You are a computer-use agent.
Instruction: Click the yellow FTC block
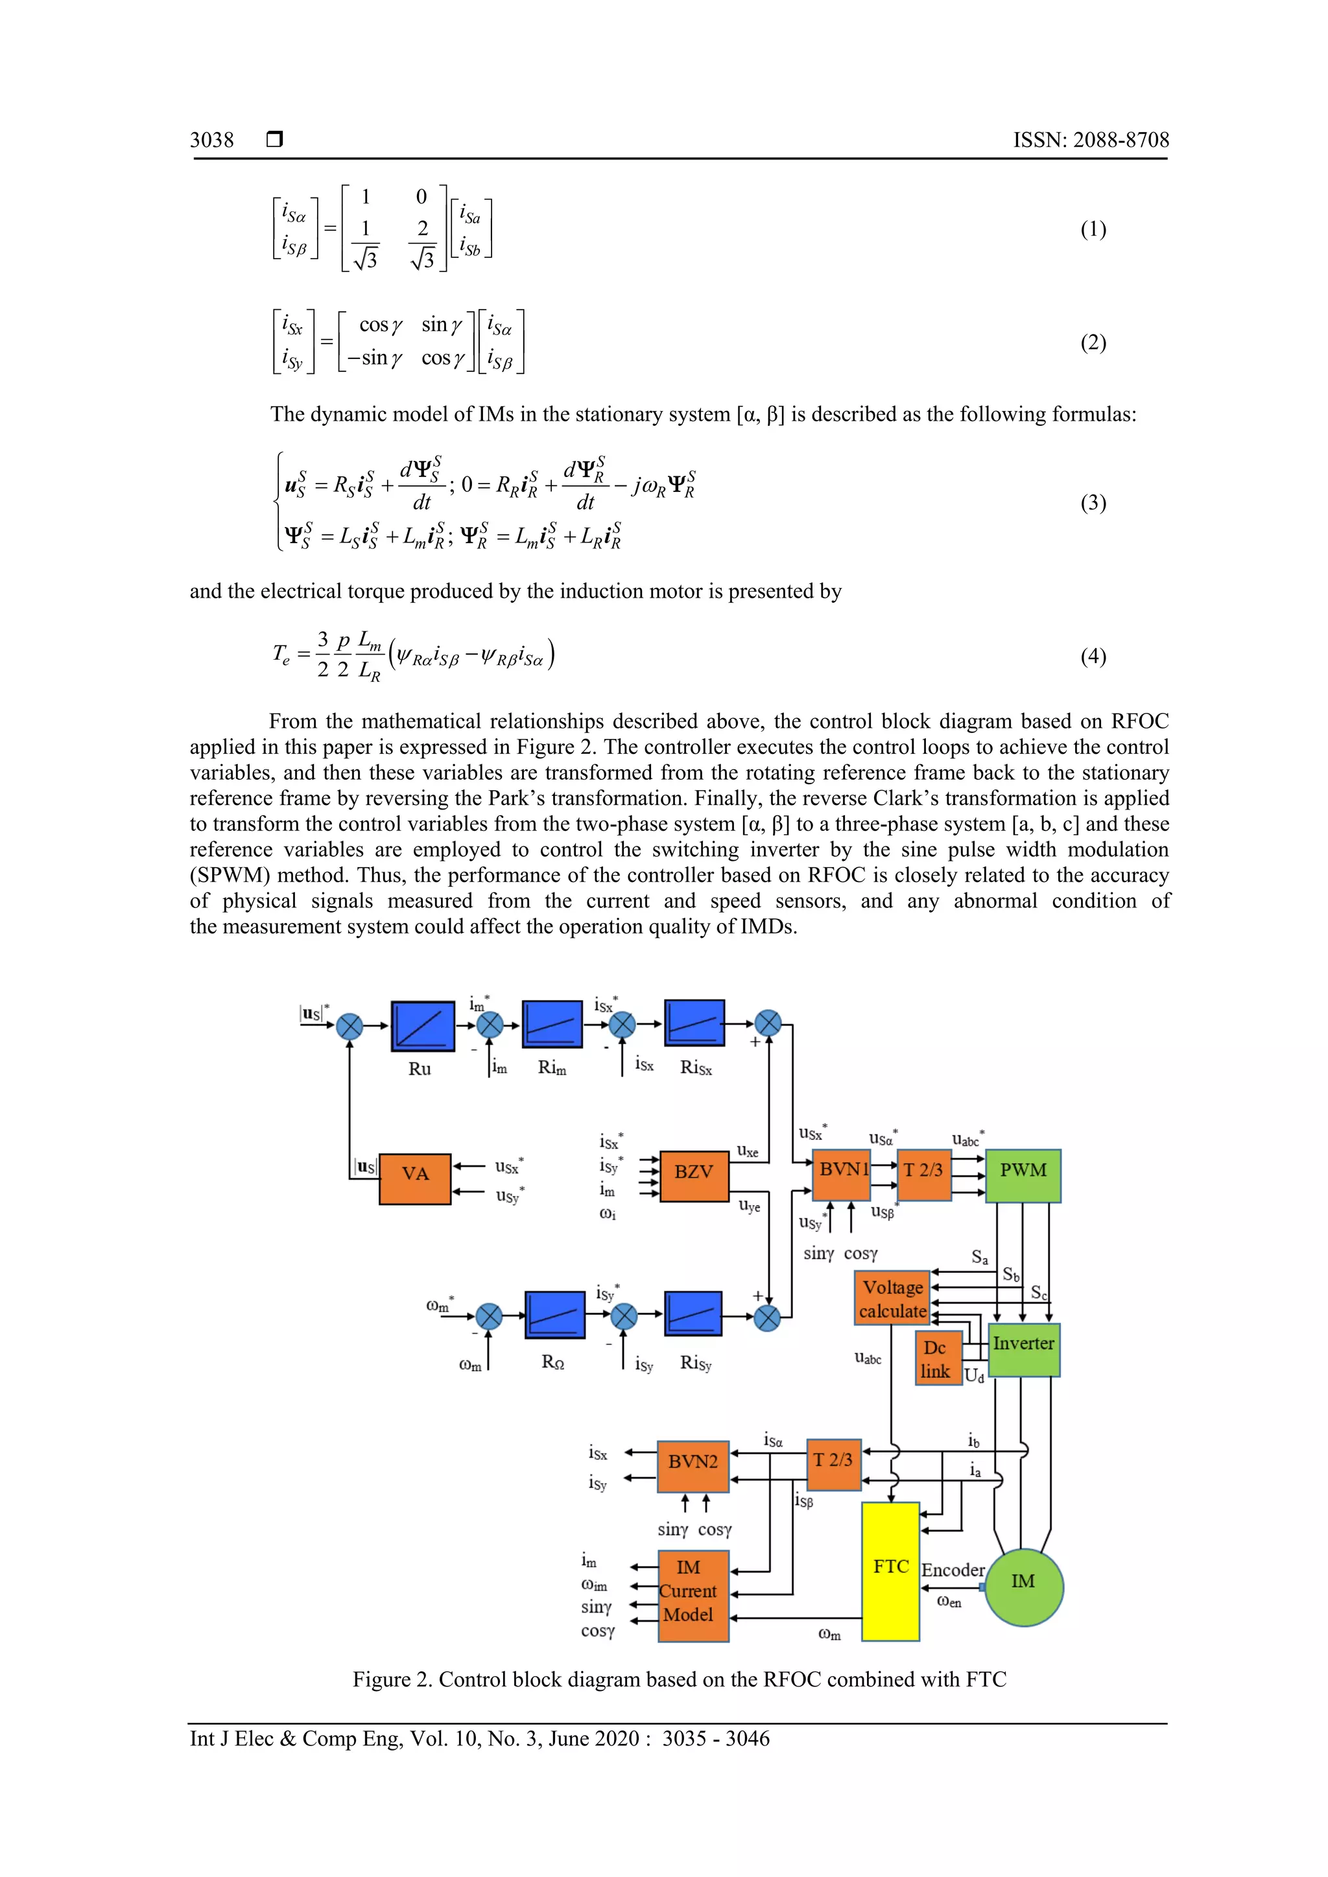(x=890, y=1570)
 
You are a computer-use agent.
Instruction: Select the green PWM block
(x=1023, y=1176)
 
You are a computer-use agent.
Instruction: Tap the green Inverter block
(x=1024, y=1349)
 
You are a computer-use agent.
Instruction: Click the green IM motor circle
(x=1024, y=1587)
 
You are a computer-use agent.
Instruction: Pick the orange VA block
(x=414, y=1179)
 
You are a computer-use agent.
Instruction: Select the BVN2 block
(x=693, y=1467)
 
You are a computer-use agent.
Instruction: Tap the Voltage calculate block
(x=892, y=1298)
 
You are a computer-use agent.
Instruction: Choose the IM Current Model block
(x=692, y=1595)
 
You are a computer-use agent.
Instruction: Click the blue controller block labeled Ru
(x=422, y=1025)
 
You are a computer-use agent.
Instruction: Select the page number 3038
(x=212, y=140)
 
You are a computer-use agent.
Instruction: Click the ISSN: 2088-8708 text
(x=1091, y=140)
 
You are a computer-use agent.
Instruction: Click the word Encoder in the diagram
(x=953, y=1570)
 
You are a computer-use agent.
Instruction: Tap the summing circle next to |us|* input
(x=350, y=1026)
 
